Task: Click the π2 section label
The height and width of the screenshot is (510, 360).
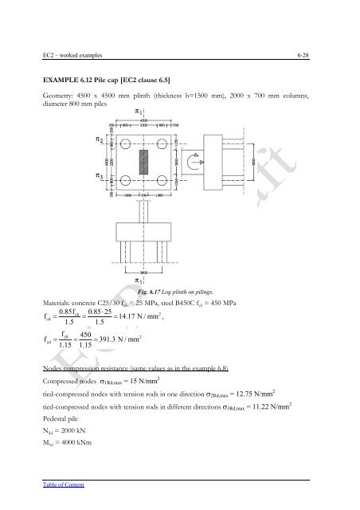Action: click(x=99, y=139)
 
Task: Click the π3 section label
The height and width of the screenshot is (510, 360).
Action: click(x=99, y=176)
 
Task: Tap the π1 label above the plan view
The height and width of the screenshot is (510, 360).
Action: click(x=139, y=112)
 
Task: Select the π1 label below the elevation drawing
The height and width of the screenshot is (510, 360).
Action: click(x=139, y=281)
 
